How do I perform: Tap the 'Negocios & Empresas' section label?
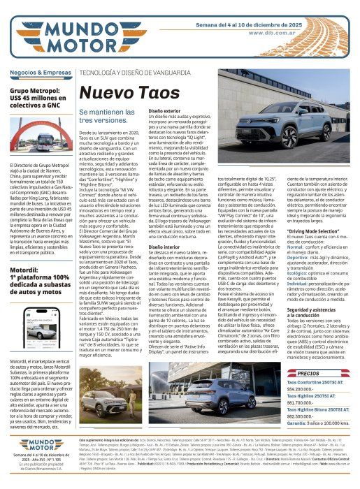[x=39, y=73]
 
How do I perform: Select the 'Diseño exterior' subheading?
[x=165, y=111]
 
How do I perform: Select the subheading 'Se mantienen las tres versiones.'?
[x=106, y=116]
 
